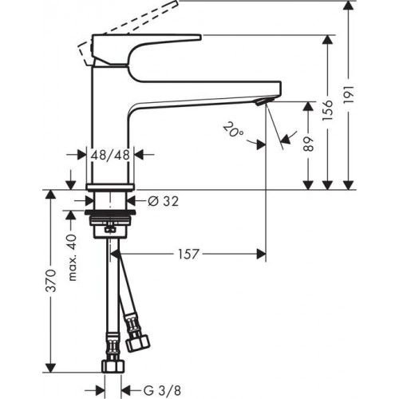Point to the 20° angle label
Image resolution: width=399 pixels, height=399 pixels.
[x=235, y=131]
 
